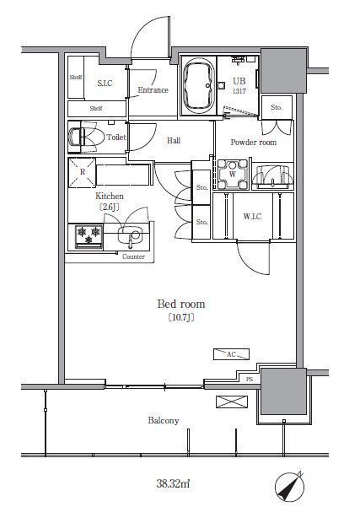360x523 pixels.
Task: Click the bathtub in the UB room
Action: click(199, 86)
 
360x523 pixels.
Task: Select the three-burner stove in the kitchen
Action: click(89, 236)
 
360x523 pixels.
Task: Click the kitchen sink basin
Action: click(130, 236)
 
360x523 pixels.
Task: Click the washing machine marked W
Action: click(233, 174)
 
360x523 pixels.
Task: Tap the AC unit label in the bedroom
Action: click(231, 354)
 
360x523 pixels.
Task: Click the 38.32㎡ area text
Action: click(173, 483)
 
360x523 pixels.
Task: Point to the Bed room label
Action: click(181, 304)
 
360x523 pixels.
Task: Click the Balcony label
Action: click(164, 421)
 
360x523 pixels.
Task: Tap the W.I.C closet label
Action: click(252, 217)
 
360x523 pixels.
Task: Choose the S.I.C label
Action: click(105, 83)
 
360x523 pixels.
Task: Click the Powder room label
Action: click(253, 143)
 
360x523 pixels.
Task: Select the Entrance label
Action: click(153, 89)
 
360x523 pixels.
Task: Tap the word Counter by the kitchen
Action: click(133, 256)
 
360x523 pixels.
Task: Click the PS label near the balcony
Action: click(250, 380)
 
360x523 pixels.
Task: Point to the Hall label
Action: click(174, 140)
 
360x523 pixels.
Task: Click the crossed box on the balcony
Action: click(232, 402)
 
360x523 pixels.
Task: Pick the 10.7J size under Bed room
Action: click(181, 317)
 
